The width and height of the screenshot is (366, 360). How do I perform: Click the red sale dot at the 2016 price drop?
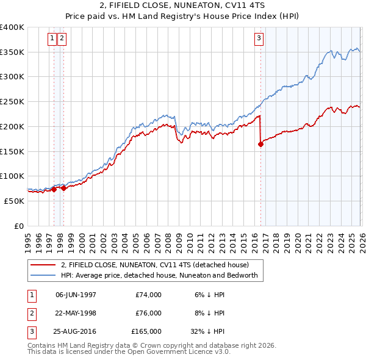pos(260,145)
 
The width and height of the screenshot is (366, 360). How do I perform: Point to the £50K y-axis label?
pos(15,201)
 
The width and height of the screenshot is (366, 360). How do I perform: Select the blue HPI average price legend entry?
pos(159,275)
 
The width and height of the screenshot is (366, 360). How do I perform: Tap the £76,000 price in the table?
pos(148,313)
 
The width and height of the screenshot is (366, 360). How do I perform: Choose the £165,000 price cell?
pos(146,331)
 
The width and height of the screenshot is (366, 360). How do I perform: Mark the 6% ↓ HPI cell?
pos(209,295)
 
